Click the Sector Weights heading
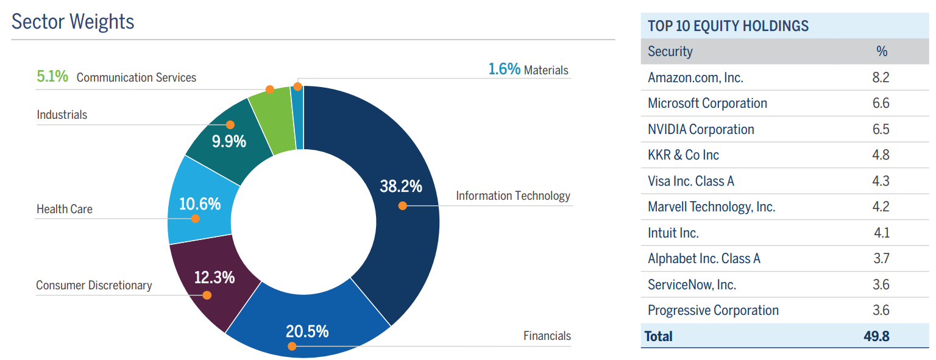(x=73, y=21)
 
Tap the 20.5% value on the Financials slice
(x=307, y=331)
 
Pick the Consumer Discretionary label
(x=94, y=285)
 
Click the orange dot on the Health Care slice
(x=195, y=219)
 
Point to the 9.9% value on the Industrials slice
(x=229, y=141)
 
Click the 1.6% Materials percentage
(x=505, y=69)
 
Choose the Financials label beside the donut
(x=547, y=336)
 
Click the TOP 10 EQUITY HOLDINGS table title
(x=728, y=26)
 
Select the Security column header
(x=670, y=51)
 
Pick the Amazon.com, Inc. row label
(x=695, y=77)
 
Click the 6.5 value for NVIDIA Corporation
(x=881, y=129)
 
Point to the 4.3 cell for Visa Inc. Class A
(x=881, y=181)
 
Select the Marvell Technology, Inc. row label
(x=711, y=206)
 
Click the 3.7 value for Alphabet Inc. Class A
(x=881, y=258)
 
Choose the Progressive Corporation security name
(x=713, y=310)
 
